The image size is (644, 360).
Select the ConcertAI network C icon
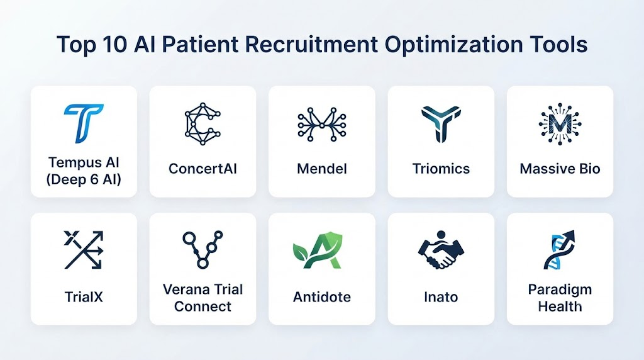[203, 124]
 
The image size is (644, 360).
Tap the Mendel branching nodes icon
[322, 124]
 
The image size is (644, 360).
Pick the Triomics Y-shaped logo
[441, 124]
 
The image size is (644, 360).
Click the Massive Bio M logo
[560, 124]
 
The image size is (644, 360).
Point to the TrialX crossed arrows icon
[84, 250]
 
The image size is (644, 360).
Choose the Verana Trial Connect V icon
[203, 250]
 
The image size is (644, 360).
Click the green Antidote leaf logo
[317, 250]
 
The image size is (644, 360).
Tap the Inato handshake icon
[441, 250]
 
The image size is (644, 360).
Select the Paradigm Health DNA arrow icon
[559, 250]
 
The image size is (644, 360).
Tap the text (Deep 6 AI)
[84, 179]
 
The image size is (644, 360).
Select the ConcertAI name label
[203, 169]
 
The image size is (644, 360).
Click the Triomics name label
[441, 169]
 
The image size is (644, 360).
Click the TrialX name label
[84, 296]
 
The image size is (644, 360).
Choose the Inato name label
[441, 296]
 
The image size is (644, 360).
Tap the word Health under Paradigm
[560, 306]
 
